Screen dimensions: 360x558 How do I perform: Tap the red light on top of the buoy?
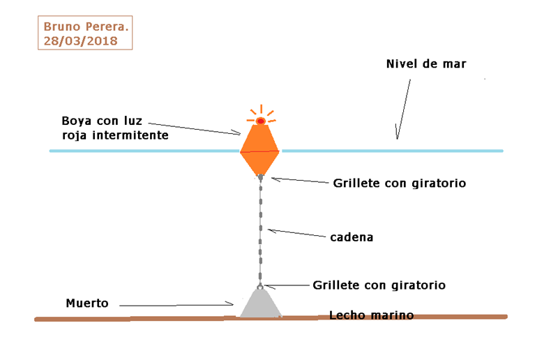260,121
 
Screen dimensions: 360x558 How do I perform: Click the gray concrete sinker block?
259,304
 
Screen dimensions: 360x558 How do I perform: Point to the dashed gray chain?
260,230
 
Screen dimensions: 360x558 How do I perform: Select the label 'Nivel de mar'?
425,64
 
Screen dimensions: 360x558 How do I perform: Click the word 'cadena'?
352,237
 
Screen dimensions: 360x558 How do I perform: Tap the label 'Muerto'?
87,303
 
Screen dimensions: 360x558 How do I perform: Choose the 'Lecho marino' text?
371,315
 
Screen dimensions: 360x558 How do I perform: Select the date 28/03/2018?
80,41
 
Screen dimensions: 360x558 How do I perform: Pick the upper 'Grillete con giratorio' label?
399,183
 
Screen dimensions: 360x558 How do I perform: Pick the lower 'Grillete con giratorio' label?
379,285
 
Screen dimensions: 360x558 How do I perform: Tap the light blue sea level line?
391,150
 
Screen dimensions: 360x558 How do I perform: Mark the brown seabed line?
139,319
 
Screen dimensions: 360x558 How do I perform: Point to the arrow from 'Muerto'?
174,304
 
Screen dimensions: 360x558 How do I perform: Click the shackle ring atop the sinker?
259,285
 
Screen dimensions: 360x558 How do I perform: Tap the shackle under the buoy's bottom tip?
260,178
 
